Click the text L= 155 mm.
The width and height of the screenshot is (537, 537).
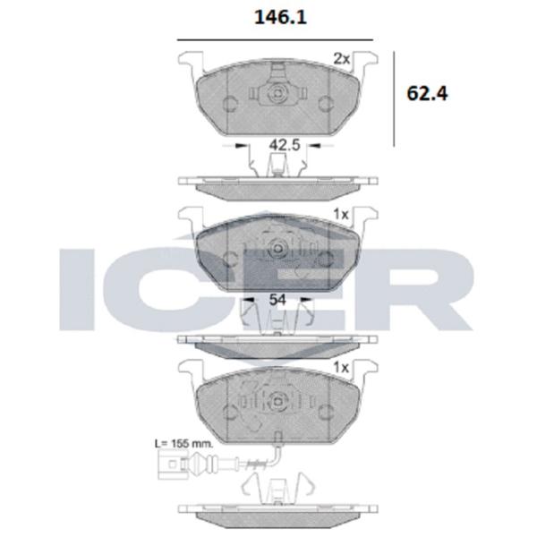click(x=184, y=442)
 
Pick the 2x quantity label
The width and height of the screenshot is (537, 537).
click(x=341, y=58)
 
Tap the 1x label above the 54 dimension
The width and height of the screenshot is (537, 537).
click(x=341, y=215)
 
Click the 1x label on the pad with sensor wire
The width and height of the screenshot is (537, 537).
click(x=341, y=368)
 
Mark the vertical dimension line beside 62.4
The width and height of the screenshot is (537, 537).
click(x=396, y=98)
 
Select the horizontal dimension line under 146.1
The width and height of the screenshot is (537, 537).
click(x=275, y=39)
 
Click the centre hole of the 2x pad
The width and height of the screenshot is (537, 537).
click(x=277, y=95)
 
